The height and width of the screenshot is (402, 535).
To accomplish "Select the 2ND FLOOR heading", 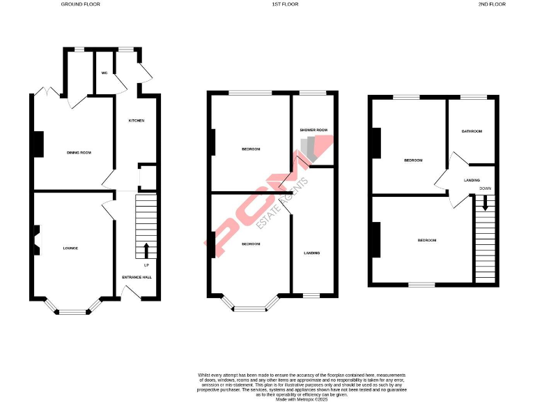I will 491,4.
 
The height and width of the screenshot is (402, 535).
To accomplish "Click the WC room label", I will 104,73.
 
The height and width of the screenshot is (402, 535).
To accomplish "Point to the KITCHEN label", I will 136,121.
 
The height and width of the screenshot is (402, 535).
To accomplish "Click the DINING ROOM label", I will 79,152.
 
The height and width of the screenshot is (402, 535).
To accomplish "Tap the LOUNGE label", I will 70,248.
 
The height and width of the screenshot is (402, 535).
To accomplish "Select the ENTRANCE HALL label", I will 137,277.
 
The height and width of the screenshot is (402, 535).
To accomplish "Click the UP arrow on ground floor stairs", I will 146,251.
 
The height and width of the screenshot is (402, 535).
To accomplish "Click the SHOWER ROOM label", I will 313,130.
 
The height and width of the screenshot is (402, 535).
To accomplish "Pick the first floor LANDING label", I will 311,253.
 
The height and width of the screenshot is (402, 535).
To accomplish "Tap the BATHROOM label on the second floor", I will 472,131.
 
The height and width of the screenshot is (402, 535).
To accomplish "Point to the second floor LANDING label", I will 472,180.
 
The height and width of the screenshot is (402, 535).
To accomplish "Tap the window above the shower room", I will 313,93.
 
